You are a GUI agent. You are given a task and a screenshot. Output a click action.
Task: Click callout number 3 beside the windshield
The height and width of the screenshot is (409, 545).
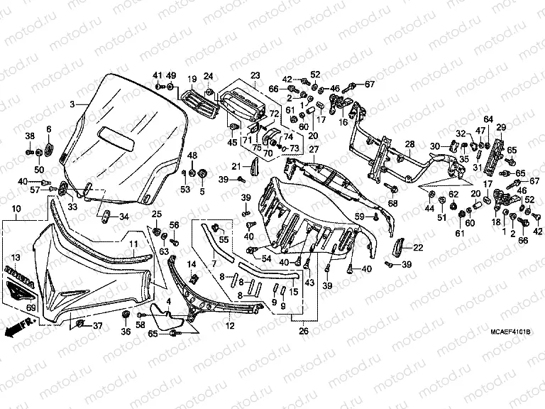[72, 105]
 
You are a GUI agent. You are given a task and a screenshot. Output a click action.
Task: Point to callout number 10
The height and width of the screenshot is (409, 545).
[16, 209]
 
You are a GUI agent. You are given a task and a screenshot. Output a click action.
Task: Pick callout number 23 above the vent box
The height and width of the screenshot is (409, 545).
[255, 76]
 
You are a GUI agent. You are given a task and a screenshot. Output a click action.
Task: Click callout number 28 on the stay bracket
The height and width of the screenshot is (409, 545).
[409, 145]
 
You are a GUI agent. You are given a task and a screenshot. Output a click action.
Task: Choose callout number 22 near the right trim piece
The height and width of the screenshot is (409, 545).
[418, 247]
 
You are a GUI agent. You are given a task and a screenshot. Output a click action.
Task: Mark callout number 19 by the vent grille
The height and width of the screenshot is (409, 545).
[192, 78]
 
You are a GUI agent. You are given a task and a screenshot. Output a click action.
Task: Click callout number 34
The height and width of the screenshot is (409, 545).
[123, 217]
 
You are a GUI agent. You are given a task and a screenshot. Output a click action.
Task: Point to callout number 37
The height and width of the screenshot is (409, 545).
[98, 326]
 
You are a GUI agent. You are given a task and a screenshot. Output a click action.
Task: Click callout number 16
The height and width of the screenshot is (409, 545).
[343, 122]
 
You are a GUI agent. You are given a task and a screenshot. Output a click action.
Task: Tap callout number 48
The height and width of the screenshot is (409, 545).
[192, 156]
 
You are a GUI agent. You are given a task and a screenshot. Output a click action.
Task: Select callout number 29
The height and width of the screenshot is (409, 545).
[500, 128]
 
